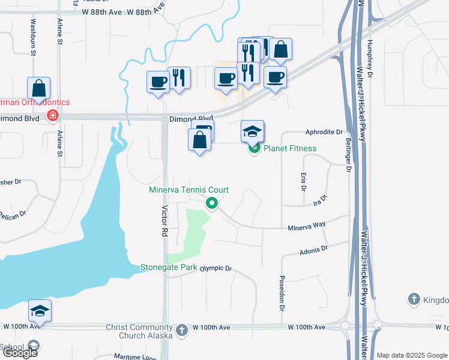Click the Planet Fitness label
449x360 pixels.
tap(290, 148)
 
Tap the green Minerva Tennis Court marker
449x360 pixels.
tap(212, 203)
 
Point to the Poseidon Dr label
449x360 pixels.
tap(281, 293)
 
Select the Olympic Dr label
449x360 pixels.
tap(216, 268)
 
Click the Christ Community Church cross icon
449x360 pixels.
tap(182, 329)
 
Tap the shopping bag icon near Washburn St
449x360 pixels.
tap(38, 89)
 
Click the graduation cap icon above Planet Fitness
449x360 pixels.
tap(253, 131)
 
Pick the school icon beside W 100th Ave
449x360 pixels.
tap(40, 310)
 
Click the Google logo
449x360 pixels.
tap(20, 352)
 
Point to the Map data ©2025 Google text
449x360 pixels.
tap(412, 355)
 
